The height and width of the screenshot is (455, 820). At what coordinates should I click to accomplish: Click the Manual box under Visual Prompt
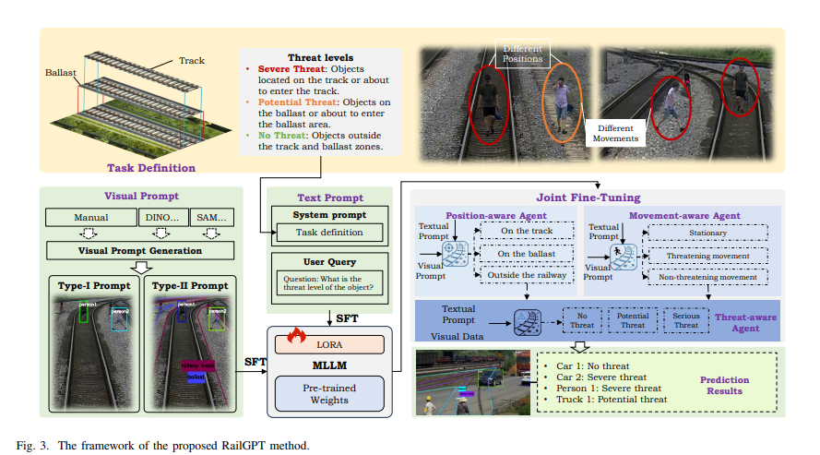89,219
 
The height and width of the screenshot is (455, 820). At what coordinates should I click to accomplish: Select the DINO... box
163,219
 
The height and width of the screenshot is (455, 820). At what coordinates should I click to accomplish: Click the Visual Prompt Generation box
140,251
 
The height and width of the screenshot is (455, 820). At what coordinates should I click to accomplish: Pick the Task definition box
330,233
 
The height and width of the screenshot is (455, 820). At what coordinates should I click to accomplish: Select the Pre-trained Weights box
329,393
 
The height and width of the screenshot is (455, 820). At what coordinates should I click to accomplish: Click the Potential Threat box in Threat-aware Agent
633,320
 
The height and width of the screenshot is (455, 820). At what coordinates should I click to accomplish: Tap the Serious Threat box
685,320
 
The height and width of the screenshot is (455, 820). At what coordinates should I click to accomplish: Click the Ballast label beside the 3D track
59,71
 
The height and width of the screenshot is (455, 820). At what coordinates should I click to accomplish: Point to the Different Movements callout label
617,133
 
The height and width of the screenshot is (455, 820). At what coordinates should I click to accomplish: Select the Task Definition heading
151,168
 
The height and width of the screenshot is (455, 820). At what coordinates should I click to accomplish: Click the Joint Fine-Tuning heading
588,197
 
